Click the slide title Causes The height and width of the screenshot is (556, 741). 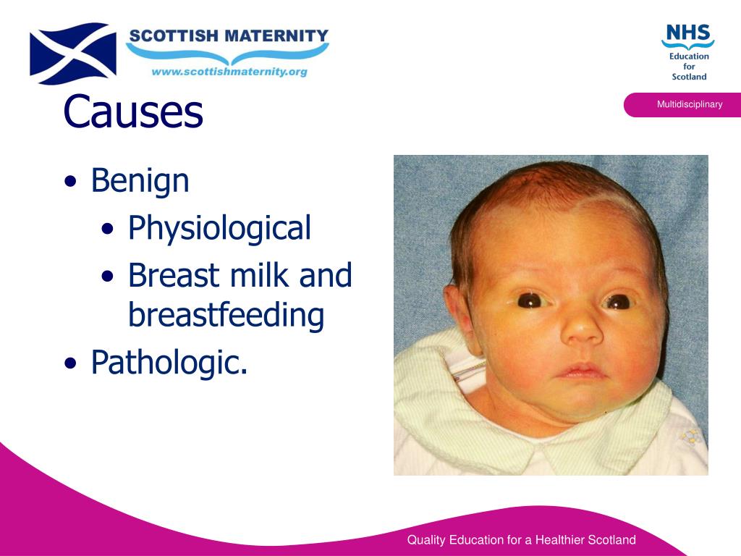[x=133, y=111]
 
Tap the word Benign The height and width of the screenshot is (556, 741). [x=140, y=180]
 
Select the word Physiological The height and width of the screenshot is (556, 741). [x=219, y=228]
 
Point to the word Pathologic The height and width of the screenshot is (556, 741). [x=169, y=362]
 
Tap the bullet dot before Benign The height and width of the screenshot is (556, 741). [x=70, y=182]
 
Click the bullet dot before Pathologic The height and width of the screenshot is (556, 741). [x=70, y=363]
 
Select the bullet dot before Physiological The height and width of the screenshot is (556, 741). [x=108, y=230]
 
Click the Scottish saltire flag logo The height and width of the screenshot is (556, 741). [x=72, y=53]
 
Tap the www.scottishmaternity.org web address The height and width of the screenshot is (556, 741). [x=229, y=72]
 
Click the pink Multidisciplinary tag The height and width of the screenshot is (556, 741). [x=688, y=104]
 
